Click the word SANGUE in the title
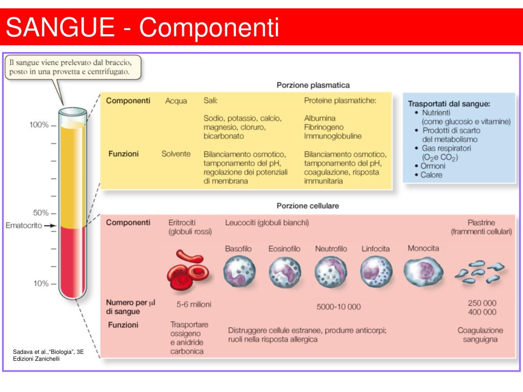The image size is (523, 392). click(60, 28)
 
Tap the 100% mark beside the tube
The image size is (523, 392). click(39, 125)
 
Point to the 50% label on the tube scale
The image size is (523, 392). click(39, 212)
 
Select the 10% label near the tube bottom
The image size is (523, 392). click(39, 283)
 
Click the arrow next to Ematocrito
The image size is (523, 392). click(50, 225)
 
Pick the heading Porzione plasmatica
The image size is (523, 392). click(313, 85)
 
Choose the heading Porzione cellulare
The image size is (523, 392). click(308, 206)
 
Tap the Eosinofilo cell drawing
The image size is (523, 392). click(284, 272)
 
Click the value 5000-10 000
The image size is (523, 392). click(338, 307)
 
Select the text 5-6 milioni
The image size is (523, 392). click(194, 304)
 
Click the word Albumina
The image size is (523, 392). click(320, 118)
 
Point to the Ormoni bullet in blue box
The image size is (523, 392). click(433, 166)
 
